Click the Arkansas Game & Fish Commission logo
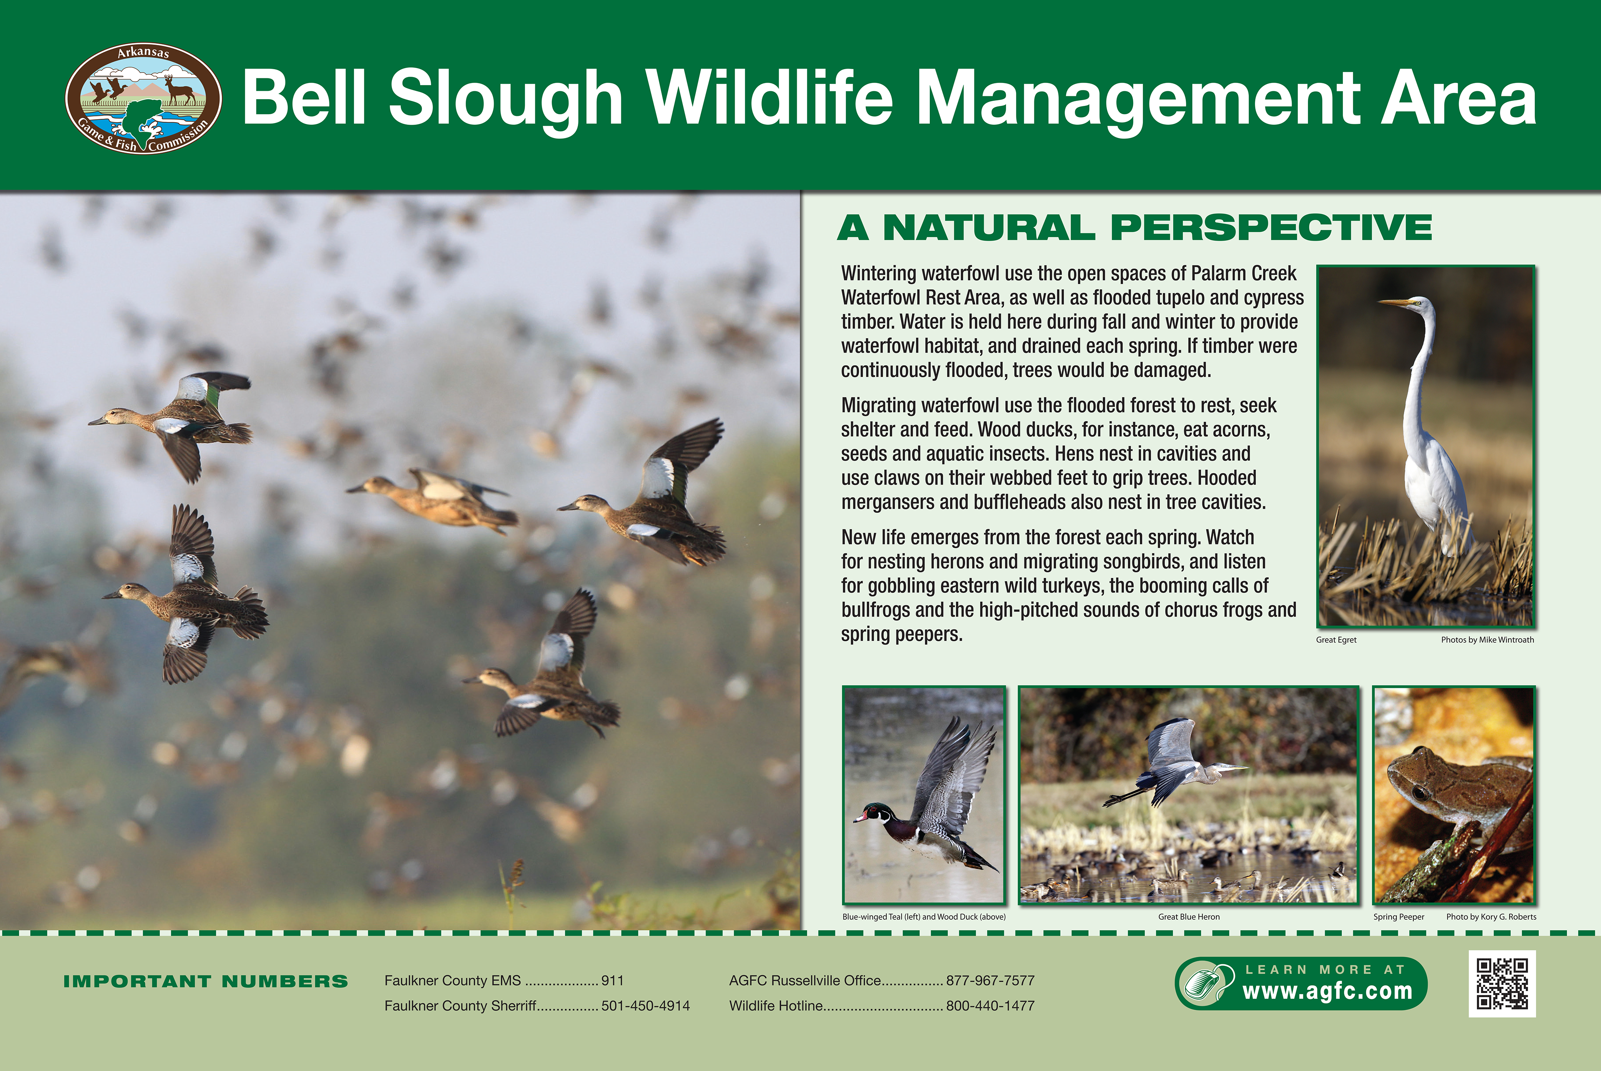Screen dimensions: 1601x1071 coord(143,98)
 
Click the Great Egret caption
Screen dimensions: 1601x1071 coord(1336,640)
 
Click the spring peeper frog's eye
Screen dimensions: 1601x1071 coord(1419,793)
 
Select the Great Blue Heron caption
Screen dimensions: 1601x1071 coord(1189,917)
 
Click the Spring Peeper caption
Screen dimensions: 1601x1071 coord(1399,917)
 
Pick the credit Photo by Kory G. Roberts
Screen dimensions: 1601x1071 coord(1491,917)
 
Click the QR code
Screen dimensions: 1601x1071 coord(1502,983)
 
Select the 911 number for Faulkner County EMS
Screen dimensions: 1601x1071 coord(612,981)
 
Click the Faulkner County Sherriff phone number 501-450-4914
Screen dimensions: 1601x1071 coord(645,1006)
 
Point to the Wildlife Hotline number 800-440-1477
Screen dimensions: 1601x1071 coord(990,1006)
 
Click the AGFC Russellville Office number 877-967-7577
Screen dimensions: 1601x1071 coord(990,981)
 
